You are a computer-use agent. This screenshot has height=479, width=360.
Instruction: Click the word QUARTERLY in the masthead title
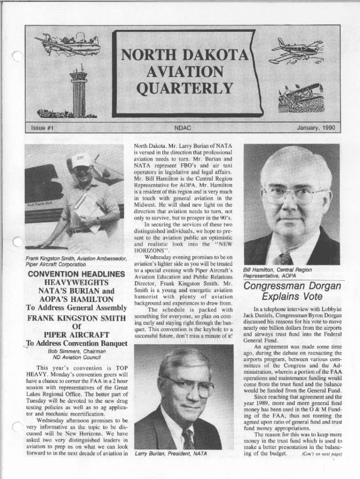pyautogui.click(x=184, y=88)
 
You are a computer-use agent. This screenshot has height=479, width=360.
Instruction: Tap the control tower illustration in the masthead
pyautogui.click(x=79, y=91)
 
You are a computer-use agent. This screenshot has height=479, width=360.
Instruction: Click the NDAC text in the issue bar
pyautogui.click(x=182, y=128)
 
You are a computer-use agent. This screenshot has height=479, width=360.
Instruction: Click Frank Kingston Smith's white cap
pyautogui.click(x=81, y=160)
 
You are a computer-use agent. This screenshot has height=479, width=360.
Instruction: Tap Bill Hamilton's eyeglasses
pyautogui.click(x=292, y=195)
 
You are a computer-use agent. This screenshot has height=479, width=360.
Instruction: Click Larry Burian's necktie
pyautogui.click(x=188, y=438)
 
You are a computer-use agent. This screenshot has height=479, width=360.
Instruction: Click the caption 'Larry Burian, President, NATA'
pyautogui.click(x=170, y=453)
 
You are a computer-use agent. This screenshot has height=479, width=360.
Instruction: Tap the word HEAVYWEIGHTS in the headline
pyautogui.click(x=76, y=283)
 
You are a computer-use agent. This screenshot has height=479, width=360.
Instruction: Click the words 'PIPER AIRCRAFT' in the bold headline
pyautogui.click(x=77, y=334)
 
